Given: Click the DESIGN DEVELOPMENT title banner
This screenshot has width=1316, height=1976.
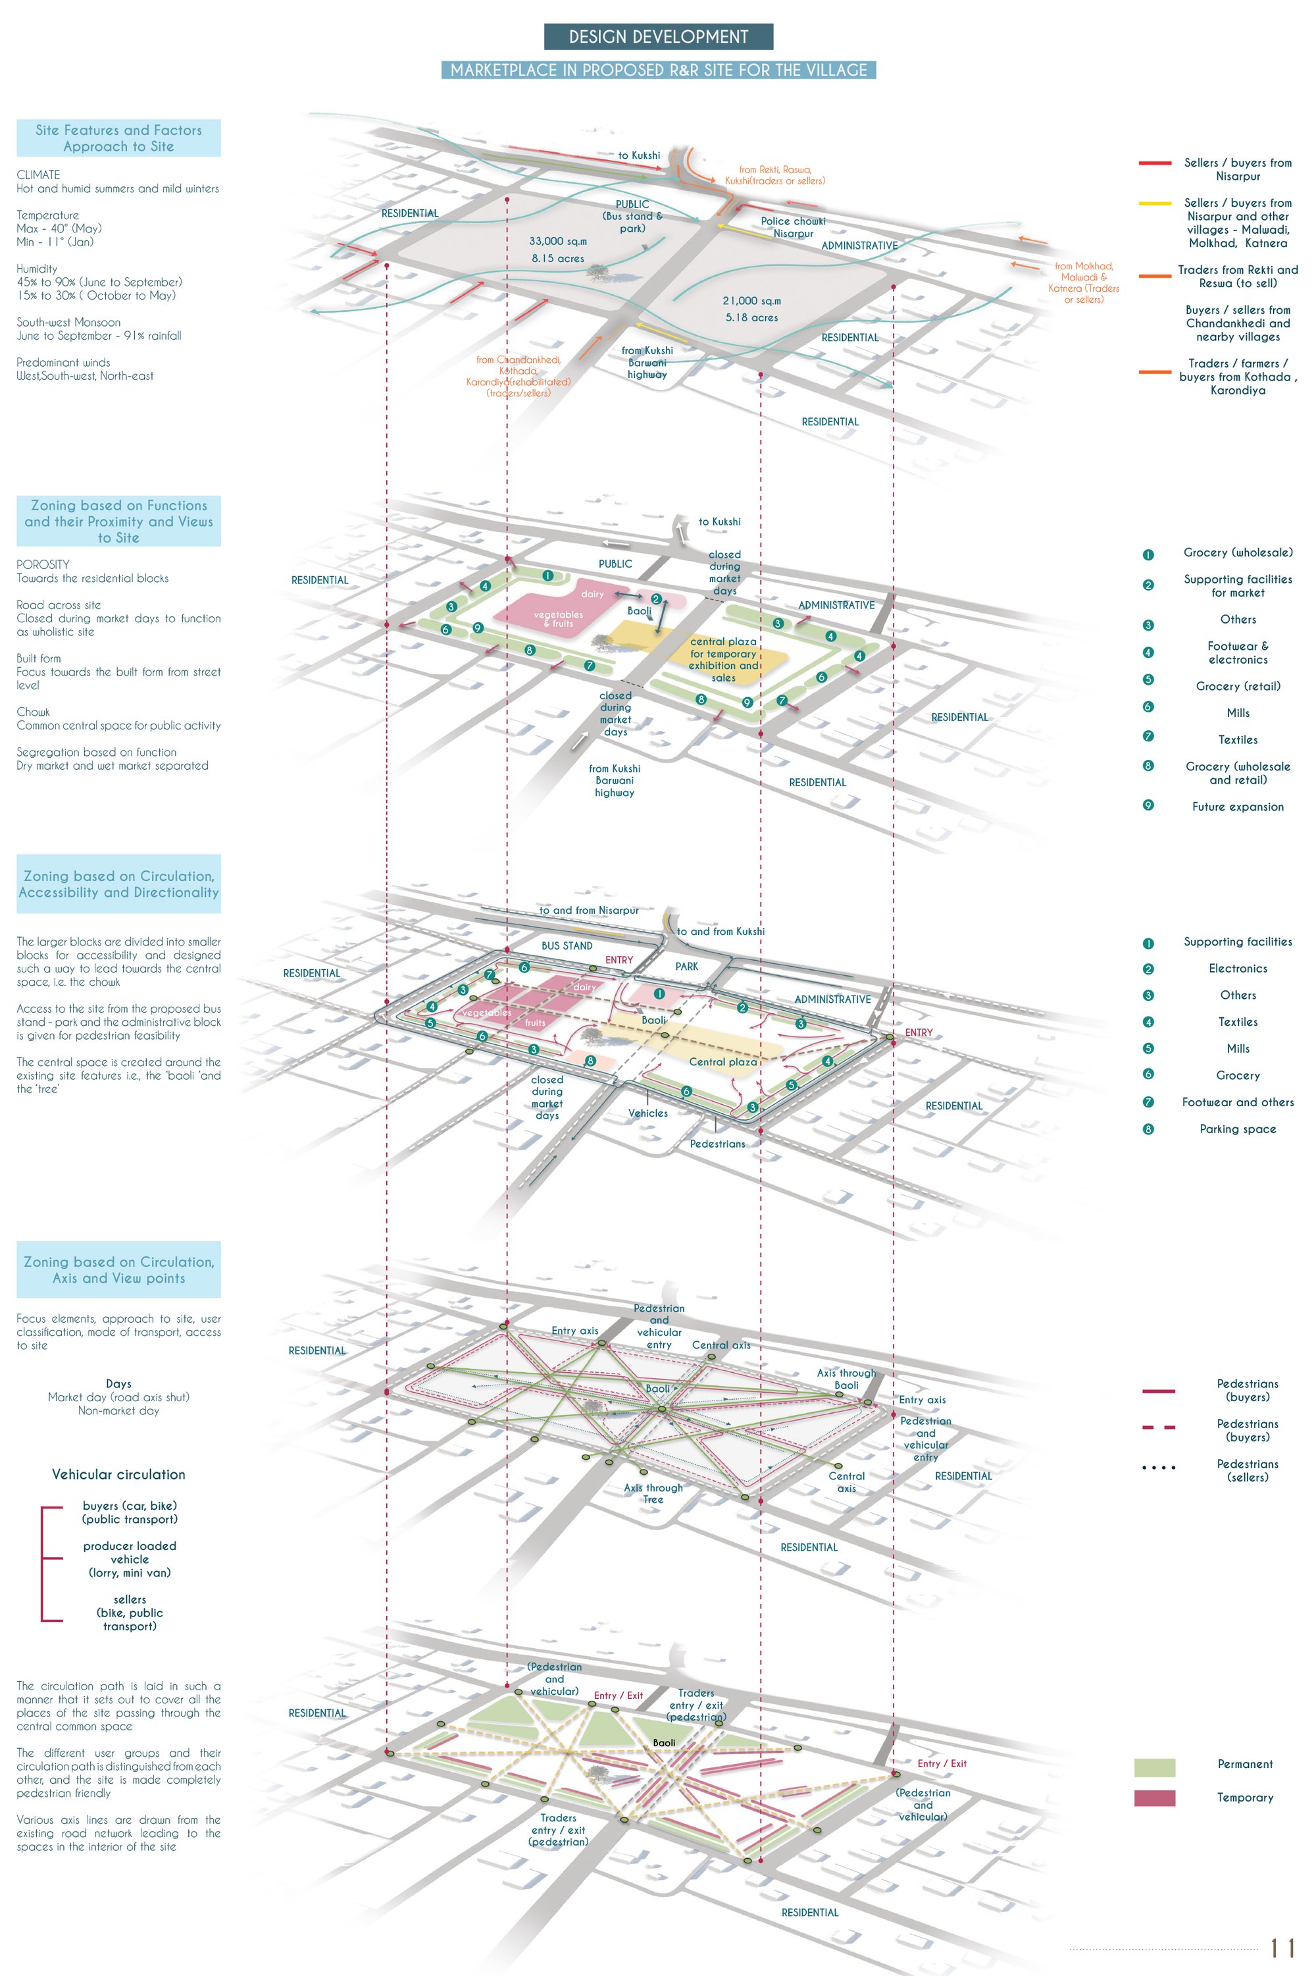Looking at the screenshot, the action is pos(658,37).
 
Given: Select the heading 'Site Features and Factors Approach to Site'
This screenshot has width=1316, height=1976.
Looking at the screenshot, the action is pos(118,138).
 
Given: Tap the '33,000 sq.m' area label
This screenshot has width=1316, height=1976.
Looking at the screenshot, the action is pos(558,242).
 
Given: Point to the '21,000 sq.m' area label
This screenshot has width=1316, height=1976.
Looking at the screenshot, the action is pos(751,301).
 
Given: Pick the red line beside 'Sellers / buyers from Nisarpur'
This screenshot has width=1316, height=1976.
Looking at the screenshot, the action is pos(1155,163).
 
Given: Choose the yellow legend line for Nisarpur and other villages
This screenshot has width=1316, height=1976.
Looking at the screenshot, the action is pos(1155,203).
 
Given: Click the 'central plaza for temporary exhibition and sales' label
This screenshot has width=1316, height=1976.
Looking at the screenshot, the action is pos(723,660).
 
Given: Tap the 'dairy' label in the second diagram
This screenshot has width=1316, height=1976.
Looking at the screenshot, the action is pos(593,595).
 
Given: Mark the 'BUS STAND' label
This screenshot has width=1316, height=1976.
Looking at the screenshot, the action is pos(567,946).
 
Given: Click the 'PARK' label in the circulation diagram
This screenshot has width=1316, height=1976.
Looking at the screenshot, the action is pos(686,967).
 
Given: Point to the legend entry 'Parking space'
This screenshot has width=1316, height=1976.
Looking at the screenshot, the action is pos(1237,1129).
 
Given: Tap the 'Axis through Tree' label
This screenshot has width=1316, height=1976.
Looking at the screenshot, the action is pos(653,1493).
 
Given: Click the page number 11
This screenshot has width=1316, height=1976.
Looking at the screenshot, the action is pos(1282,1948).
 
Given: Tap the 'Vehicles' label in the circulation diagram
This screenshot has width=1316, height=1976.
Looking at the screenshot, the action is pos(648,1113).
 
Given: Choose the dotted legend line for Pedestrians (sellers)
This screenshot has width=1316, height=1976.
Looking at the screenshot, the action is pos(1158,1468).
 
